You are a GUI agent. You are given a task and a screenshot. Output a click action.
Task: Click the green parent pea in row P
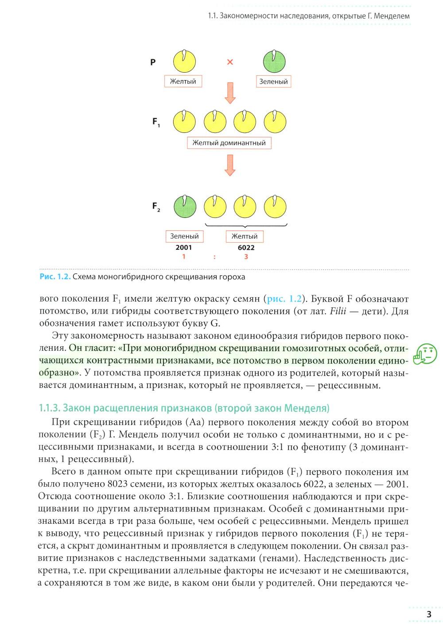274,62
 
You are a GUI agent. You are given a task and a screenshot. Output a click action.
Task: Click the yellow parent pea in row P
184,62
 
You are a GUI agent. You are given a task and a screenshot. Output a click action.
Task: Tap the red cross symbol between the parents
230,62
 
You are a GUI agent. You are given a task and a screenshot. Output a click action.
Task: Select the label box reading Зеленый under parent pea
273,81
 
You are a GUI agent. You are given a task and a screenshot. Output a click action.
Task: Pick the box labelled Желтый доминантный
229,143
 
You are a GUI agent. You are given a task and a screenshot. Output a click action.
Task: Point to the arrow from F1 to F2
229,165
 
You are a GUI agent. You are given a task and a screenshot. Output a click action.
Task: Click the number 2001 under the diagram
184,248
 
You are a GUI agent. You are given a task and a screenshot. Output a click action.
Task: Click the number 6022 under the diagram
246,248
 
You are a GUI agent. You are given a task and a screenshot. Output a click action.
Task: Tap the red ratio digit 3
246,257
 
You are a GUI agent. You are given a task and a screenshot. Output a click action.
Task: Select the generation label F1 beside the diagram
156,122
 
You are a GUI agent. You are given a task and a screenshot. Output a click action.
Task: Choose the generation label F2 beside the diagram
156,206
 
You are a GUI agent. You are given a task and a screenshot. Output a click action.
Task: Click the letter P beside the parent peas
153,62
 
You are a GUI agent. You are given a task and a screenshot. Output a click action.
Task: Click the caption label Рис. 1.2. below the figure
55,277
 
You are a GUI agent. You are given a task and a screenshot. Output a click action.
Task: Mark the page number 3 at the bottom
429,614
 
